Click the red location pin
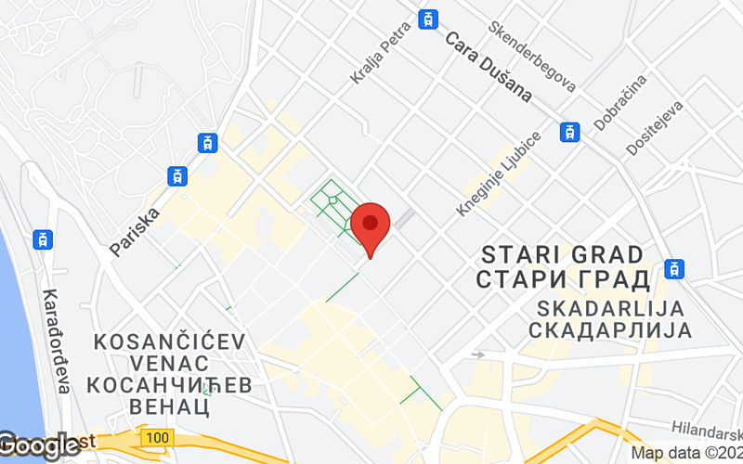tap(371, 226)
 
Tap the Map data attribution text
tap(686, 454)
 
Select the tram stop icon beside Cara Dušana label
tap(427, 19)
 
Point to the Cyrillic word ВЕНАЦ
tap(171, 405)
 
